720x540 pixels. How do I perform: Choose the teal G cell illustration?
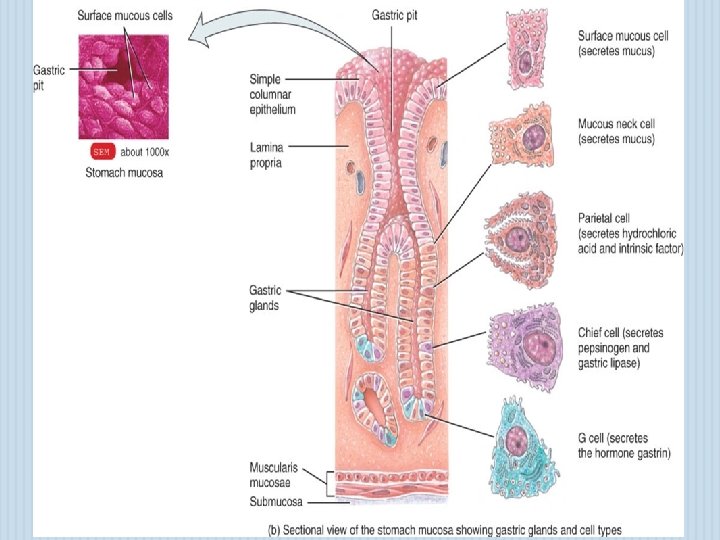(519, 441)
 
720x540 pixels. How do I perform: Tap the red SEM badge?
(101, 152)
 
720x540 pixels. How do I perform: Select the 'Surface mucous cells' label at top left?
(123, 16)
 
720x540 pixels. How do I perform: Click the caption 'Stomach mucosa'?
(125, 172)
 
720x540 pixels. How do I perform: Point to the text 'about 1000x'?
(145, 152)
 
